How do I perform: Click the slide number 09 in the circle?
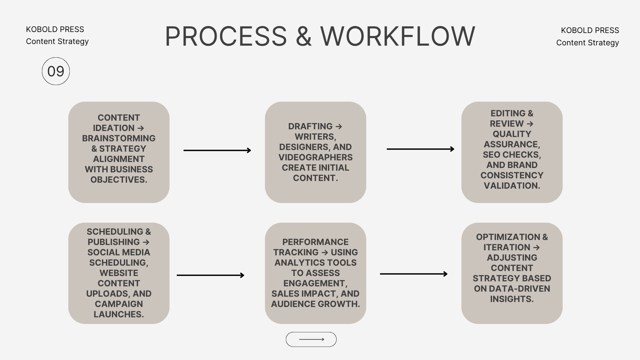(x=56, y=71)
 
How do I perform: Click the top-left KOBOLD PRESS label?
(x=55, y=29)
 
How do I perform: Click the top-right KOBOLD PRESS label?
(x=590, y=30)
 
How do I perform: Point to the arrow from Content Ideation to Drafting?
(x=217, y=150)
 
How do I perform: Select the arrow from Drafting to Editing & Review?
(x=420, y=149)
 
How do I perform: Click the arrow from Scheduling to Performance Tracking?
(x=210, y=275)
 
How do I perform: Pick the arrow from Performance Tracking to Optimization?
(x=414, y=274)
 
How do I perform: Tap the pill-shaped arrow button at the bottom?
(x=311, y=339)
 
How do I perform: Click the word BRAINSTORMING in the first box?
(x=119, y=138)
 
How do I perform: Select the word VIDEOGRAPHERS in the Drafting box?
(x=315, y=157)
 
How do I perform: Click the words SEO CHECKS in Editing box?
(x=512, y=155)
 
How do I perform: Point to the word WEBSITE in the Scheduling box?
(x=119, y=273)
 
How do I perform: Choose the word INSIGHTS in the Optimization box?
(x=512, y=299)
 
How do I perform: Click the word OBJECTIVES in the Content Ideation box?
(x=119, y=180)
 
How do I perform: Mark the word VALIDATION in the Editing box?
(x=512, y=186)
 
